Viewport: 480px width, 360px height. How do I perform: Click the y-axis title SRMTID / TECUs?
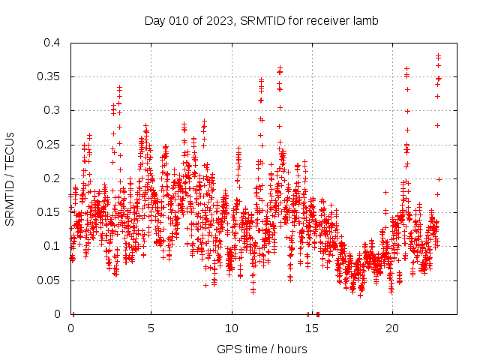tap(10, 179)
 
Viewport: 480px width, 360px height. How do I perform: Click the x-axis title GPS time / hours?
tap(262, 349)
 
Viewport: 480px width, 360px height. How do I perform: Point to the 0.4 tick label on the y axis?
tap(52, 43)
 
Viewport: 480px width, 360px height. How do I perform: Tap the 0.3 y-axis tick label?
tap(52, 110)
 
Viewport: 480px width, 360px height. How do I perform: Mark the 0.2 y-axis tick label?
tap(52, 178)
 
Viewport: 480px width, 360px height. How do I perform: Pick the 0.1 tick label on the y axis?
tap(52, 246)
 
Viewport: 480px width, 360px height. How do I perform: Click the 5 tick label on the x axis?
tap(151, 328)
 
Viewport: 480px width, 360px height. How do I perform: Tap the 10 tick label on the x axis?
tap(232, 328)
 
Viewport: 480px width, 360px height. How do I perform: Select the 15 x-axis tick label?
tap(312, 328)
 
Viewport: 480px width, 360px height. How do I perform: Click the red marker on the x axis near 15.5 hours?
tap(318, 313)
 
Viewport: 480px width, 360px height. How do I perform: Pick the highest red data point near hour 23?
tap(439, 56)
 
